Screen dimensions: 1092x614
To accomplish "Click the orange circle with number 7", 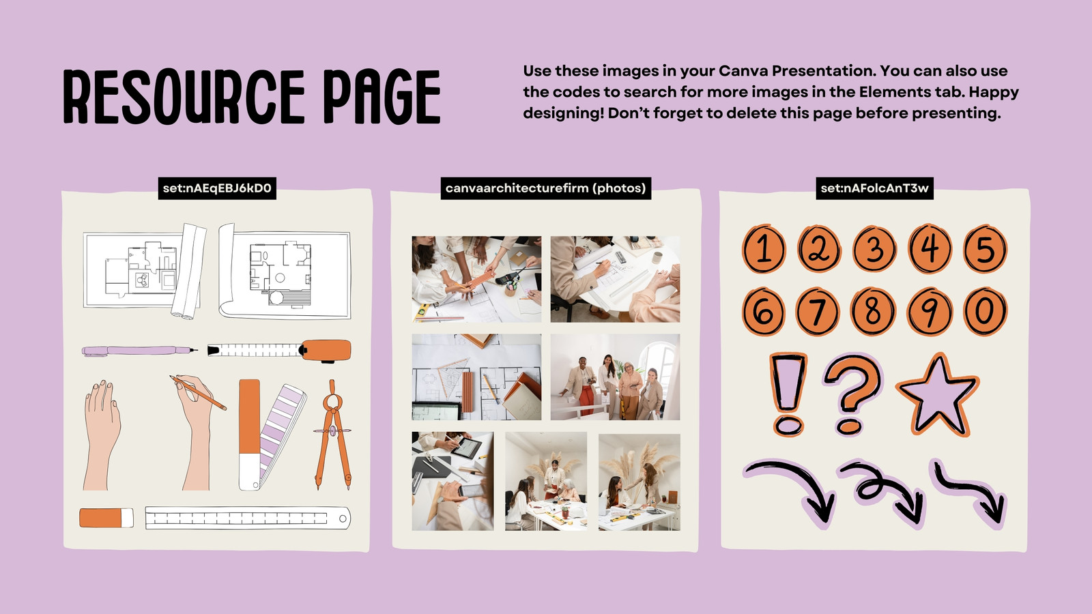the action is [818, 311].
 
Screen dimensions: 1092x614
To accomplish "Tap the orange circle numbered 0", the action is [985, 311].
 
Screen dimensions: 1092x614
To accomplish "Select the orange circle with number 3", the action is [874, 249].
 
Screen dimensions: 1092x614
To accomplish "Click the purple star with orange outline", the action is [938, 396].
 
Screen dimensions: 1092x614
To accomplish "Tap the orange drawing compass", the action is [332, 434].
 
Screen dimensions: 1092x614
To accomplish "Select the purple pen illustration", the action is [139, 351].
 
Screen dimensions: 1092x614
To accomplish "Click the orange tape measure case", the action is [325, 351].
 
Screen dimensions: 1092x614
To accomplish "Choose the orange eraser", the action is [106, 518].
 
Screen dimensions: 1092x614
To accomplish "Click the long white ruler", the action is [248, 518].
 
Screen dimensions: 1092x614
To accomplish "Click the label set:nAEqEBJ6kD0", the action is [217, 188].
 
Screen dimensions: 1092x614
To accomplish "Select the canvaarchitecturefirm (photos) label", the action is [545, 188].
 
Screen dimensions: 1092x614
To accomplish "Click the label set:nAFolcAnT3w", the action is [874, 188].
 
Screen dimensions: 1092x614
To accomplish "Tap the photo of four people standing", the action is [615, 377].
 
